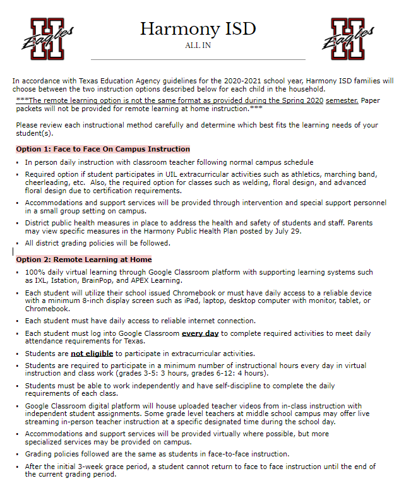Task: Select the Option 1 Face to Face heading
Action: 103,149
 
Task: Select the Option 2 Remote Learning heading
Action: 84,259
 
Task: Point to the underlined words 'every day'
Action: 200,333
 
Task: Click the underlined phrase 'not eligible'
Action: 93,354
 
